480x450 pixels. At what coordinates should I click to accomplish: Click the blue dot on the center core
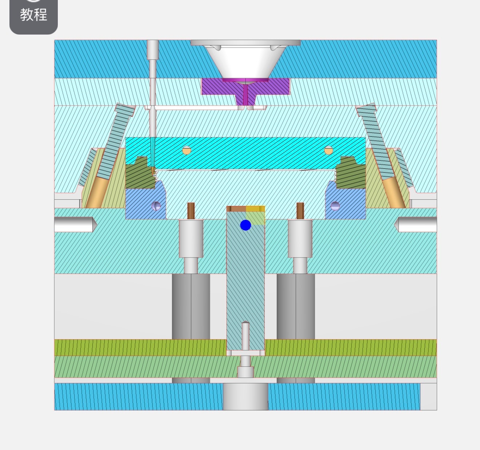pos(245,225)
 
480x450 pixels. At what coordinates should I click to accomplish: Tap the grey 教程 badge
pos(33,15)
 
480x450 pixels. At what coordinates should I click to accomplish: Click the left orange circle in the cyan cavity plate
pos(187,150)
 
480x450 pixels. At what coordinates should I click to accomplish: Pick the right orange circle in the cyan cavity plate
pos(328,150)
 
